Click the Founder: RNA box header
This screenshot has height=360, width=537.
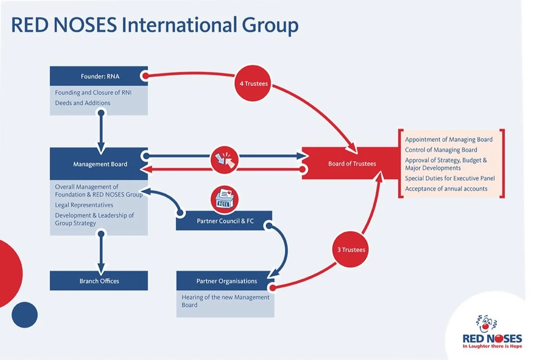pos(99,76)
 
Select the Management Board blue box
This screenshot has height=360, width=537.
pos(99,164)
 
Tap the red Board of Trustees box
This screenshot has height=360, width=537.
pos(351,164)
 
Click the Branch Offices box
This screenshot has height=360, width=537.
pos(99,281)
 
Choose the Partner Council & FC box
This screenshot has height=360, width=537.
pos(224,221)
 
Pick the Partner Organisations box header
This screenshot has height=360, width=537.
pos(225,281)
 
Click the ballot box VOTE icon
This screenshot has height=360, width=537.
pos(224,199)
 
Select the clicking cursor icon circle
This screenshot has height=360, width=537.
pos(224,160)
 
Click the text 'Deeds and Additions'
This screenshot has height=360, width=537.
pos(83,103)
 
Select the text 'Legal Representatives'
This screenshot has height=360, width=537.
pos(84,205)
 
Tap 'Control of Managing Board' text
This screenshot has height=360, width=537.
pos(441,150)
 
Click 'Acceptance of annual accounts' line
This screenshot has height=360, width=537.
pos(446,189)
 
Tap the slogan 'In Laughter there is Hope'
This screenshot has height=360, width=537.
pos(492,346)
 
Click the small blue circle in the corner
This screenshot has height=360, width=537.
pos(24,315)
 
